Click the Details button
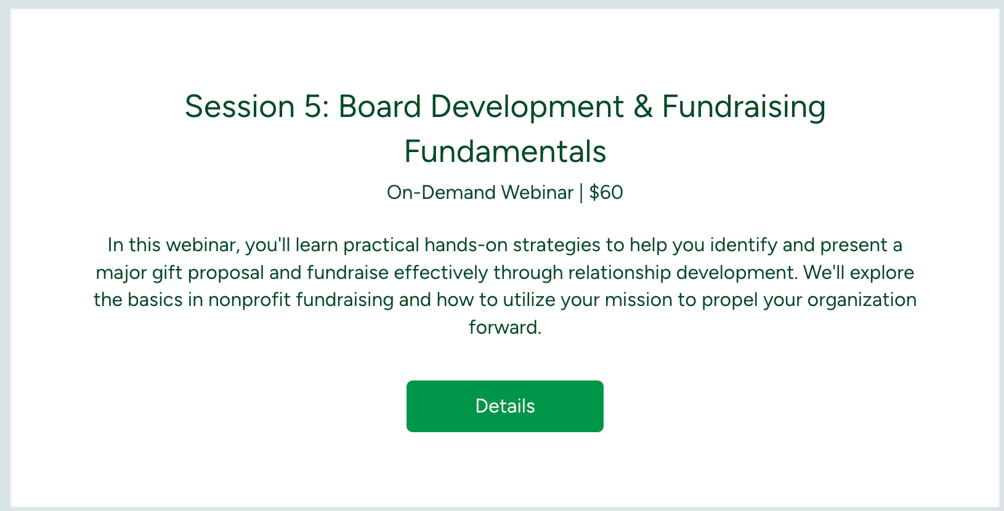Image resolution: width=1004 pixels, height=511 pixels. (504, 406)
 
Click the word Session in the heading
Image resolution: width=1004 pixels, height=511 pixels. (240, 107)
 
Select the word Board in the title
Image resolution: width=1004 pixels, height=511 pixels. (379, 107)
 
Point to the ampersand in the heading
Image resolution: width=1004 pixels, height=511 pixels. (642, 107)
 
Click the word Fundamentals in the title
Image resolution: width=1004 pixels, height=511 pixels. (505, 152)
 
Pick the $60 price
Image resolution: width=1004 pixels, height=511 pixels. (606, 193)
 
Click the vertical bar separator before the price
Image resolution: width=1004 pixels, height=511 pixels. (581, 193)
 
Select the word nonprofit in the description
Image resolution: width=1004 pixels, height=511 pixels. (249, 300)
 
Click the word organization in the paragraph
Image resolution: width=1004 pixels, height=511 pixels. (862, 300)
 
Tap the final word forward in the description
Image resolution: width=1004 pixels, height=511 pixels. (505, 328)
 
